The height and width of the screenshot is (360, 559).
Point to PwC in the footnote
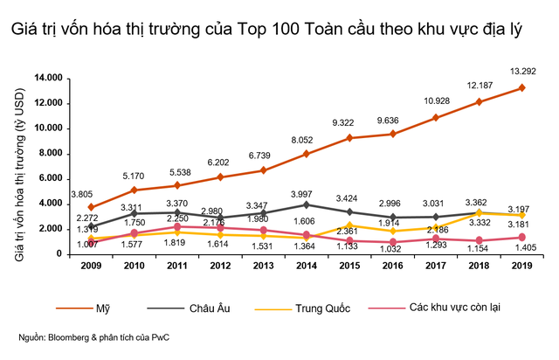[152, 337]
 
